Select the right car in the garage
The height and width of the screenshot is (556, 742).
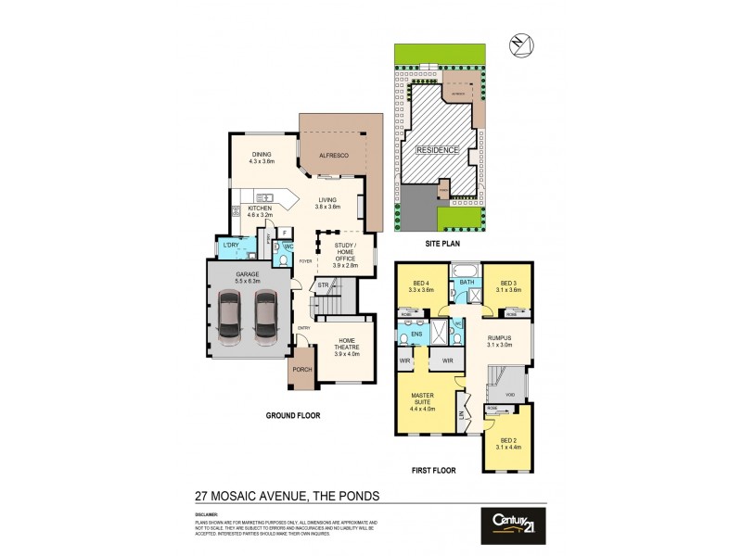coord(265,316)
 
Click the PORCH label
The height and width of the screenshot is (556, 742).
coord(301,369)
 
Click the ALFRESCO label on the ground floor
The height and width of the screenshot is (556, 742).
coord(333,156)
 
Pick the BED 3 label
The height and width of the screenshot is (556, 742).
coord(508,283)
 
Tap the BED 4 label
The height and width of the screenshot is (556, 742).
coord(421,283)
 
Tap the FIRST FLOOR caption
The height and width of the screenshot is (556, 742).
coord(433,471)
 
